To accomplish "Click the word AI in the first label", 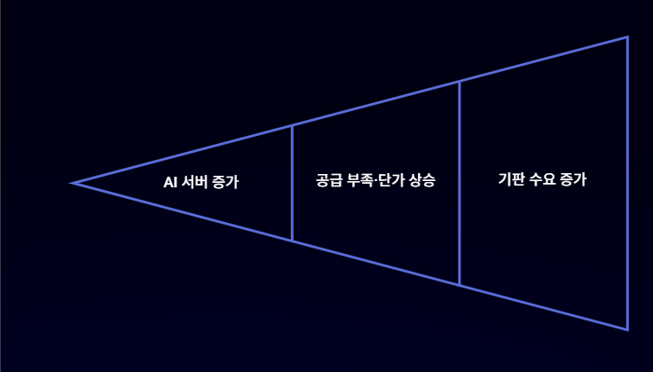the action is [171, 182].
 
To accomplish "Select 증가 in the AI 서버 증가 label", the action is [226, 182].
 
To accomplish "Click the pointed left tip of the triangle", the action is [74, 183].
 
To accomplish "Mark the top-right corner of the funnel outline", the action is [627, 37].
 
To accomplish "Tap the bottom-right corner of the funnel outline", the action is [627, 329].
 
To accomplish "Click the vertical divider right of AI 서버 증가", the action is [292, 183].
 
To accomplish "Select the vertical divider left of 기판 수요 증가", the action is [460, 183].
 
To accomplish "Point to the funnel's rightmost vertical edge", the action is [627, 183].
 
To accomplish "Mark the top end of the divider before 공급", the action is [292, 126].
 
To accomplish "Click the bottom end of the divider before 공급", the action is [292, 241].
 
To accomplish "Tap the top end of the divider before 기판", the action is [460, 82].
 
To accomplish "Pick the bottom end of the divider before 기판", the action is [460, 285].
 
